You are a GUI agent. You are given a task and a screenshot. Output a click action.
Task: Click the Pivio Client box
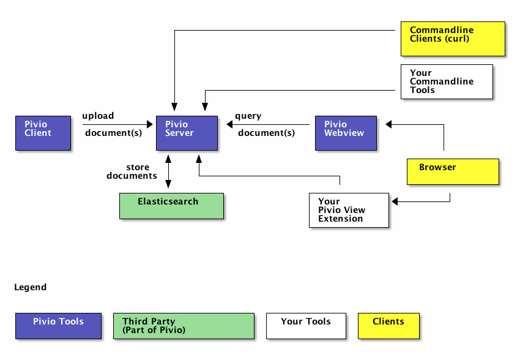coord(43,132)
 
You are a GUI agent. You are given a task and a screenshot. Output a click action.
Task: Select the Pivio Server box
coord(187,132)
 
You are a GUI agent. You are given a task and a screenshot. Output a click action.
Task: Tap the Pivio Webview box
coord(345,132)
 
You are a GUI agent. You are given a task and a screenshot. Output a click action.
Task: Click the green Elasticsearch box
coord(171,206)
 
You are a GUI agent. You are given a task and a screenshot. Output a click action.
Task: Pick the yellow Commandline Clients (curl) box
coord(453,39)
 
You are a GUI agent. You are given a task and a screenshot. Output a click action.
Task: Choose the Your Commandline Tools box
coord(447,81)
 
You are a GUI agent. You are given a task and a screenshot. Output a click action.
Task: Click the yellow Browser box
coord(453,171)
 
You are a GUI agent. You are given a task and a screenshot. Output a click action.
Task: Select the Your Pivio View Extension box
coord(349,210)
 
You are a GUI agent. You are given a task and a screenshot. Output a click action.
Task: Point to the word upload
coord(98,116)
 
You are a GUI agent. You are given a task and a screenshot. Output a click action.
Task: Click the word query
coord(248,116)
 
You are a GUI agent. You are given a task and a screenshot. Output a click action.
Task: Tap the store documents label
coord(132,171)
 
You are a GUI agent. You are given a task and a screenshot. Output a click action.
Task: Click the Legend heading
coord(30,287)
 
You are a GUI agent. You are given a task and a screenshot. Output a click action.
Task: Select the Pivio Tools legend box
coord(58,325)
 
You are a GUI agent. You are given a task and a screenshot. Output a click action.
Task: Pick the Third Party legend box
coord(184,325)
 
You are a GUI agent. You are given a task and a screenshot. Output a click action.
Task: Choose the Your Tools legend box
coord(306,325)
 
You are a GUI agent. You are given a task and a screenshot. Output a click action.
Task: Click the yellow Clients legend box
coord(388,325)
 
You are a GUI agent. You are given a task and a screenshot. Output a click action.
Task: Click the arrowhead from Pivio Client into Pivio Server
coord(149,124)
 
